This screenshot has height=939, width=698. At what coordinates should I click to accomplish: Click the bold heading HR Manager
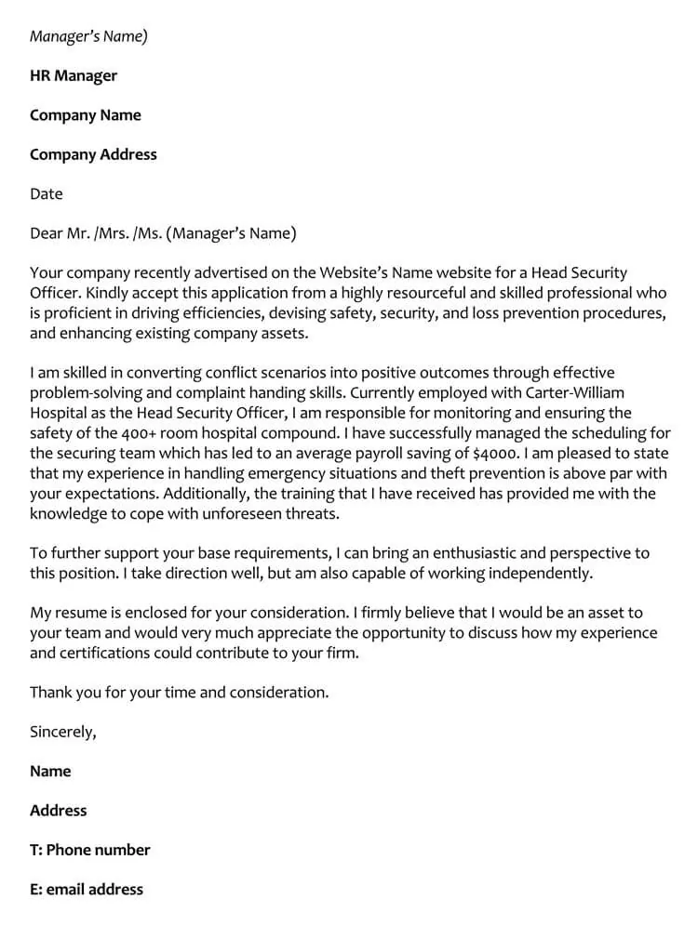coord(74,75)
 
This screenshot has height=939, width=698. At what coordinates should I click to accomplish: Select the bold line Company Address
coord(93,154)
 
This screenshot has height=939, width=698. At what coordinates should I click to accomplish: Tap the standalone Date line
coord(47,194)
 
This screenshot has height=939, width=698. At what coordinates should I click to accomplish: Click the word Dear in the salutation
coord(47,233)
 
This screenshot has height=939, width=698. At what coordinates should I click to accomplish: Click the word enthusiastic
coord(462,553)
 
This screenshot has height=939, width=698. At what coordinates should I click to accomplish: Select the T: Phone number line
coord(90,850)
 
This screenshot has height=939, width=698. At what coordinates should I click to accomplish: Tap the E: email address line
coord(87,890)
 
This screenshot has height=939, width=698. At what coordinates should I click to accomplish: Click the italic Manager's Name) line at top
coord(88,36)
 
